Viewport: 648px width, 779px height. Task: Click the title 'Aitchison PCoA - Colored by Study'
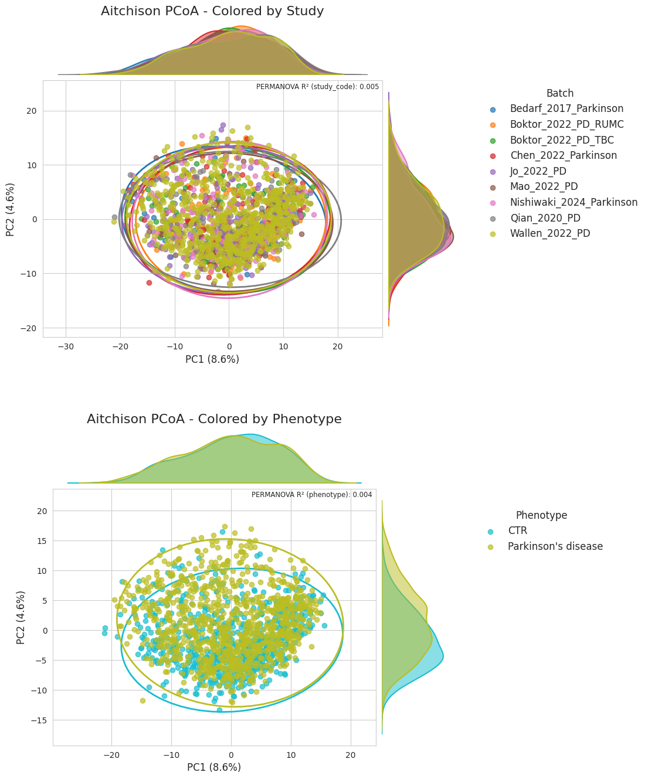click(212, 11)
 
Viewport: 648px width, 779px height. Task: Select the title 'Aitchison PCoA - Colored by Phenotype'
click(214, 419)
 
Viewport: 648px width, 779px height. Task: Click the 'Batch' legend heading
click(560, 93)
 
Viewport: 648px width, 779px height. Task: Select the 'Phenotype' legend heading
click(541, 515)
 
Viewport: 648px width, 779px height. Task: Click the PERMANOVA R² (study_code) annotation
click(317, 87)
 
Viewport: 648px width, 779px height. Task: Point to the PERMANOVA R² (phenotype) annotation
click(311, 495)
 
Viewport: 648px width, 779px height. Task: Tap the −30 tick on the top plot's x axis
click(66, 346)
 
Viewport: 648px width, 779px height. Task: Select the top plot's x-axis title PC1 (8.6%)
click(212, 359)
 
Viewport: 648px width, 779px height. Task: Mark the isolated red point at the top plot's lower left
click(150, 283)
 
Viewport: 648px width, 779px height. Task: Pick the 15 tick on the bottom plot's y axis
click(42, 541)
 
